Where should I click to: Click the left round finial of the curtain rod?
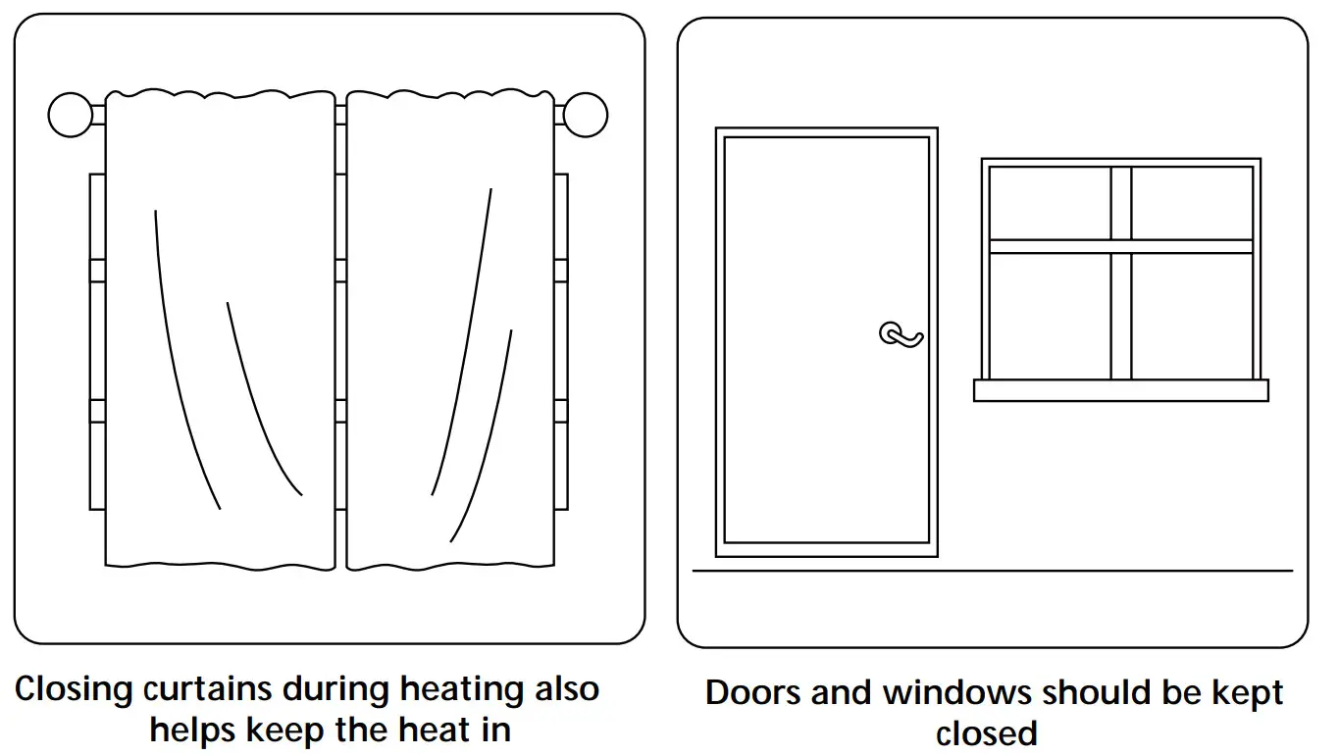click(70, 115)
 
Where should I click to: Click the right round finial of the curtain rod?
click(586, 115)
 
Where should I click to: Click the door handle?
click(901, 334)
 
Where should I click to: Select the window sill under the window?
click(1120, 390)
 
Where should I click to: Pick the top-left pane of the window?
click(1050, 203)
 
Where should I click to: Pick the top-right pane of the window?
click(1192, 203)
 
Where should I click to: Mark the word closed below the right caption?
click(986, 732)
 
